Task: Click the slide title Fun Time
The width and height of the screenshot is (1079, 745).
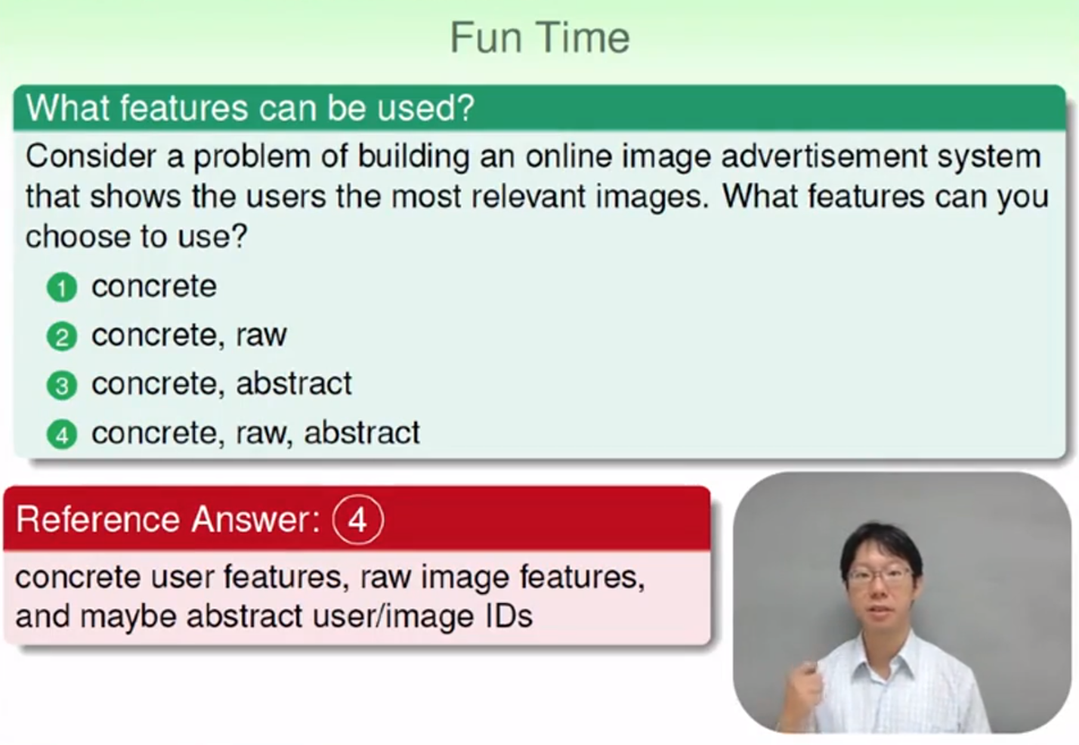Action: point(539,38)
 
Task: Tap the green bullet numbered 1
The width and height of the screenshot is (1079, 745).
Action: point(62,288)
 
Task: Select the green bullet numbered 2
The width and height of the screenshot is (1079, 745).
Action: point(62,337)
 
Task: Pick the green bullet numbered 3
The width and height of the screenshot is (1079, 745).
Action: point(62,385)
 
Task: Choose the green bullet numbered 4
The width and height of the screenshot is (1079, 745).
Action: point(62,434)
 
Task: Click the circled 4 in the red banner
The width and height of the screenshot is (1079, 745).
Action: point(358,520)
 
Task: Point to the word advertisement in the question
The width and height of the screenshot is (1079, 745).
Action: point(824,156)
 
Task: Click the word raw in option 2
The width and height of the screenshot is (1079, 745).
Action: point(261,335)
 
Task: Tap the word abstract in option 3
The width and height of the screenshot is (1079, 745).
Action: point(294,383)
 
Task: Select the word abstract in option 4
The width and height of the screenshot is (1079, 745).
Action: point(362,432)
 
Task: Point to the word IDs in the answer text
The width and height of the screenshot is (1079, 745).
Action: point(509,616)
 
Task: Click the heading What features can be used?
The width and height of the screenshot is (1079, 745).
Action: point(251,107)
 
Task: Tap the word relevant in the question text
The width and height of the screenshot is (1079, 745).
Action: point(527,196)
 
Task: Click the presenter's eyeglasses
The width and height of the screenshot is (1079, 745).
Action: point(879,576)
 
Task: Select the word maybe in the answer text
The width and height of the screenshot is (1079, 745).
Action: point(128,617)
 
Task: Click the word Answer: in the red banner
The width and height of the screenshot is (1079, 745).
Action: point(256,519)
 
